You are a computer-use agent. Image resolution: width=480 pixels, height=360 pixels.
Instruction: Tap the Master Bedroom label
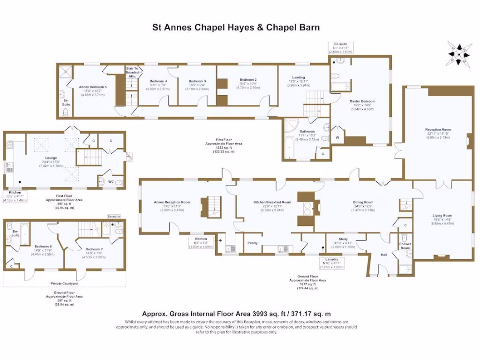362,101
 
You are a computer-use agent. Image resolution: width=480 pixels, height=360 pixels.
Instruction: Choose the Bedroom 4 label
158,81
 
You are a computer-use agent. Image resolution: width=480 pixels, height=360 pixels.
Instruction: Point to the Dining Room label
363,202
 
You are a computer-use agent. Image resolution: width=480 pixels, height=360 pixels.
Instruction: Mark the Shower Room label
405,246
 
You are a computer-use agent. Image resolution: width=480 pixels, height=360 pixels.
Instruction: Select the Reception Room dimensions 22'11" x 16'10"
438,134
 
